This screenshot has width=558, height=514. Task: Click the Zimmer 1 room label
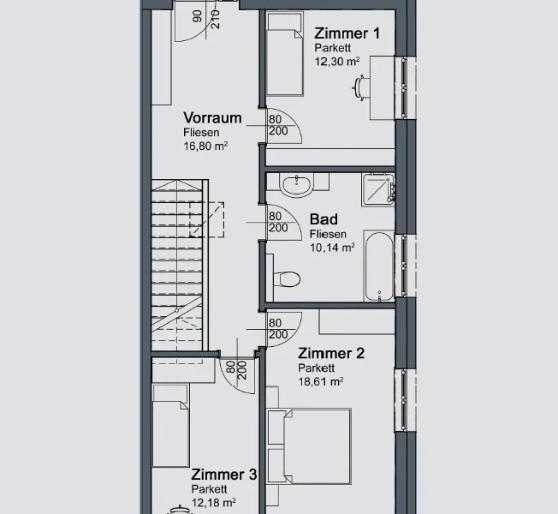[347, 33]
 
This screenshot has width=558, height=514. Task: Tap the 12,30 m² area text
[336, 62]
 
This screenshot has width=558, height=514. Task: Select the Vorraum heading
[212, 118]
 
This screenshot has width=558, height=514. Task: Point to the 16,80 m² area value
[205, 146]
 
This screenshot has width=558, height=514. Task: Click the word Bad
[324, 219]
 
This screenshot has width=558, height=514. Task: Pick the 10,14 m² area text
[332, 248]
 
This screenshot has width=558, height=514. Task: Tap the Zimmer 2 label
[331, 354]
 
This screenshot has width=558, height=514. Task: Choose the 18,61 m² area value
[321, 381]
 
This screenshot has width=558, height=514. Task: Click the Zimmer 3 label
[224, 475]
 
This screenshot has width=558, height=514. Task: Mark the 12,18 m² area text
[213, 503]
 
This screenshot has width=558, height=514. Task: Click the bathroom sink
[297, 185]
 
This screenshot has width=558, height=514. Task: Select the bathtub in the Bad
[379, 266]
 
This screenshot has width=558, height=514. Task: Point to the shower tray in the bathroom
[378, 189]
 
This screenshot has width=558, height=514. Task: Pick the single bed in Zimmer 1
[285, 54]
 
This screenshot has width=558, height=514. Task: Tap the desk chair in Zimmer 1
[361, 87]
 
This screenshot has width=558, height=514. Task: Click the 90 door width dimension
[197, 16]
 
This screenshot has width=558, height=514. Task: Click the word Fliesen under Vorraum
[201, 133]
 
